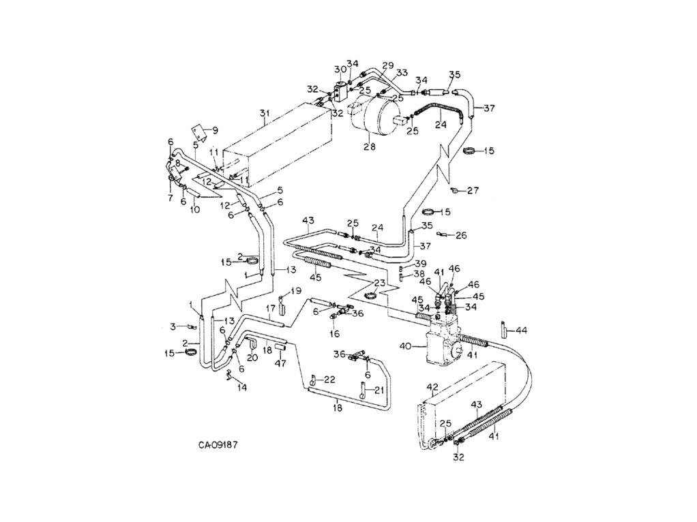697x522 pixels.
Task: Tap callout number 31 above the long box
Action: coord(265,113)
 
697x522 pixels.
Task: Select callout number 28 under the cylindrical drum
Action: coord(370,147)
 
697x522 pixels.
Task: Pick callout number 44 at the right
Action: coord(522,331)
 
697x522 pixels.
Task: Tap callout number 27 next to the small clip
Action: coord(473,190)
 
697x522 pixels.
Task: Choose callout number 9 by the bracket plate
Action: coord(215,130)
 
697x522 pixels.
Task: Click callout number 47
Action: coord(280,363)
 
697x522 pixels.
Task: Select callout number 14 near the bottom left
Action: coord(242,387)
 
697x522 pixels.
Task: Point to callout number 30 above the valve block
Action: coord(340,70)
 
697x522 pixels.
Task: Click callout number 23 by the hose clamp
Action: coord(379,283)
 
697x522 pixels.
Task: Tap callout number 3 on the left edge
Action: coord(173,327)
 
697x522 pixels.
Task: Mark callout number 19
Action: coord(296,292)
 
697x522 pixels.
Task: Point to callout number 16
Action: coord(334,333)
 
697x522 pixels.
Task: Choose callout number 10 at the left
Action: coord(195,209)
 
